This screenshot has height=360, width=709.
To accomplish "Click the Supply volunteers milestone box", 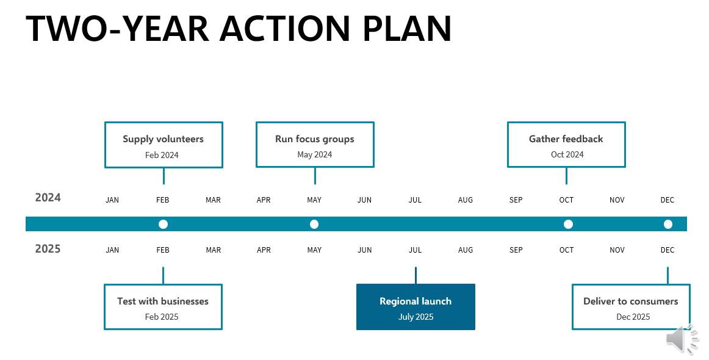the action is [x=164, y=145].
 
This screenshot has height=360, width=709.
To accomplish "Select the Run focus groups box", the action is [x=315, y=144].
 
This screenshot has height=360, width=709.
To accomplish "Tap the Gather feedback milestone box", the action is [x=566, y=144].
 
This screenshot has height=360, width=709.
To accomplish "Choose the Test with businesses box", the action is [x=163, y=307].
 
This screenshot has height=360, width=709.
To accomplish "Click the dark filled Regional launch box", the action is [x=416, y=307].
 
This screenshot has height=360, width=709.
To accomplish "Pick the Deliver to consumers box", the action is [x=631, y=307].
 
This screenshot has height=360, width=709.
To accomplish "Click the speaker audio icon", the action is [x=682, y=339].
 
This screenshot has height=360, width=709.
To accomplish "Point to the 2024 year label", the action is [x=48, y=198].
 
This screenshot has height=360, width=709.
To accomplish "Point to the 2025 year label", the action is [x=48, y=249].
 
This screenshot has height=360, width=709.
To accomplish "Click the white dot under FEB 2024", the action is [x=164, y=224].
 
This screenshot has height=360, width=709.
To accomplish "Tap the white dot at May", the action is [x=314, y=224].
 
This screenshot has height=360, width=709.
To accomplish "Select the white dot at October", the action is [x=569, y=224].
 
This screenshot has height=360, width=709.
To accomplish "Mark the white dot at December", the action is [x=668, y=224].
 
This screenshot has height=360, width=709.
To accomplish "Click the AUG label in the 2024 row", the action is [x=466, y=200].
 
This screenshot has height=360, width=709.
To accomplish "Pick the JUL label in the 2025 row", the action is [x=415, y=250].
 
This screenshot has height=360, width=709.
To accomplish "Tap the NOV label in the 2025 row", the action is [x=617, y=250].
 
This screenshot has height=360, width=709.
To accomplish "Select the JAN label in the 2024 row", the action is [x=112, y=200].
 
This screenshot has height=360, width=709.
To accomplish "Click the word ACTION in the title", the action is [x=285, y=29].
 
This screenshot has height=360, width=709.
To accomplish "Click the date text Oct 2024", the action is [x=567, y=154].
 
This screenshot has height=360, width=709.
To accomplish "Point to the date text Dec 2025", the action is [x=633, y=317].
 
